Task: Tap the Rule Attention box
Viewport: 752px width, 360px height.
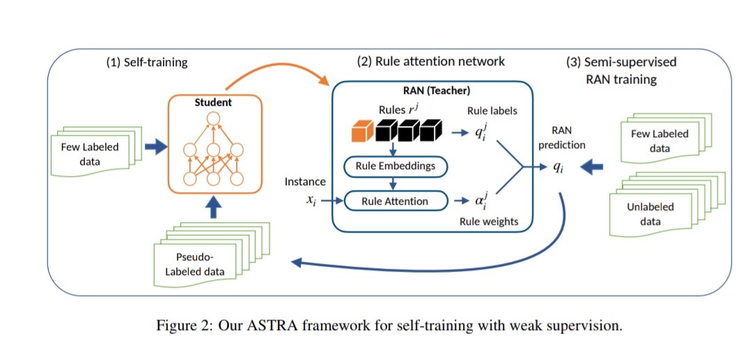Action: (395, 202)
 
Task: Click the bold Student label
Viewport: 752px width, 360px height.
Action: (213, 102)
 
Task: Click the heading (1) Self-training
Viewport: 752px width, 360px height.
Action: (147, 61)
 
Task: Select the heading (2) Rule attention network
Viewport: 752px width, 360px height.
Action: (431, 61)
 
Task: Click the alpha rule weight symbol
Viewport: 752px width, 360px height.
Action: (480, 202)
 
